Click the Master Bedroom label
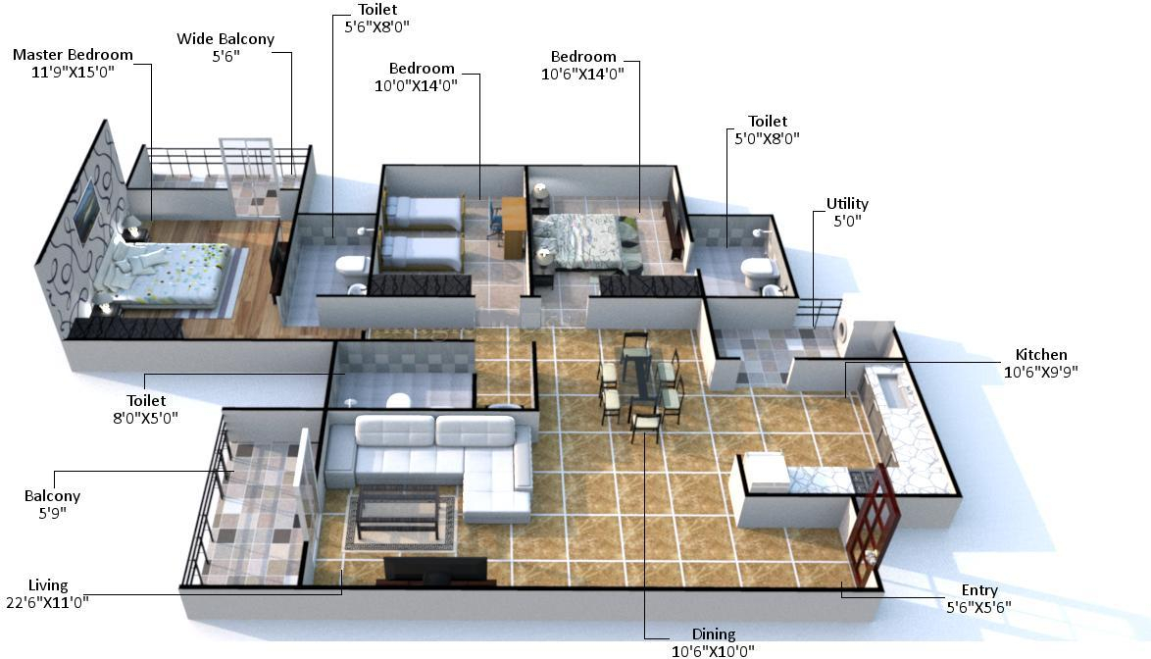(73, 55)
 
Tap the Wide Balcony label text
(225, 39)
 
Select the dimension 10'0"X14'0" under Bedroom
(422, 84)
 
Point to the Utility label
(847, 204)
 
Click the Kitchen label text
(1041, 355)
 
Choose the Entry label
(979, 590)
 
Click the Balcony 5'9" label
(53, 496)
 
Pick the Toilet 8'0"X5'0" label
(146, 400)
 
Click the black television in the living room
(433, 569)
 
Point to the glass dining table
(639, 378)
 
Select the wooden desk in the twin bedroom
(513, 220)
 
